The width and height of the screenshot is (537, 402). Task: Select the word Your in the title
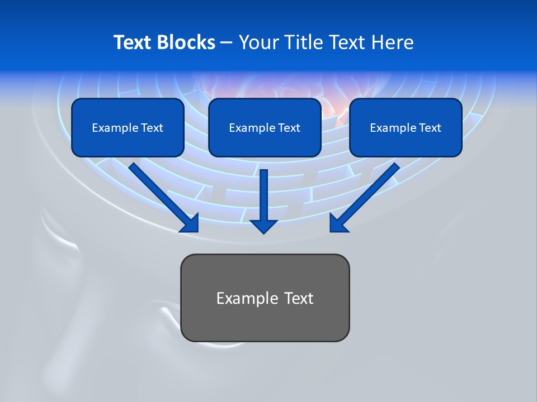tap(258, 42)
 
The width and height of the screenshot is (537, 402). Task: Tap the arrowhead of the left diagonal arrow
tap(190, 223)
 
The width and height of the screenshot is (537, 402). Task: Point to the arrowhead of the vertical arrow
tap(264, 226)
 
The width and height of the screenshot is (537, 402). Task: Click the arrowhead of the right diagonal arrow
tap(338, 223)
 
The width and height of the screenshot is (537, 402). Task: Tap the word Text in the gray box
tap(299, 298)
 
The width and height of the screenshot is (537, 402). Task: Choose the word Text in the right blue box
tap(430, 128)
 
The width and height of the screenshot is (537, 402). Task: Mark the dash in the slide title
tap(227, 42)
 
